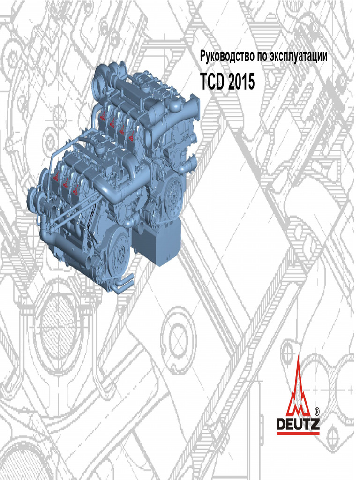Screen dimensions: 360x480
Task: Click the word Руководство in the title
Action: click(227, 56)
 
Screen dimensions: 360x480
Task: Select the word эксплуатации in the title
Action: click(299, 57)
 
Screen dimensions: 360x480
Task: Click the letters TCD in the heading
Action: click(212, 82)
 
